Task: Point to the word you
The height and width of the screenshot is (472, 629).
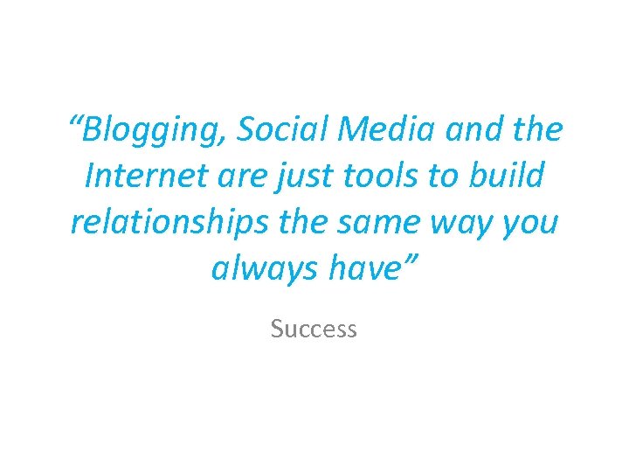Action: (528, 224)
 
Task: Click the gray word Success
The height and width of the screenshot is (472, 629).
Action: (314, 329)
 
